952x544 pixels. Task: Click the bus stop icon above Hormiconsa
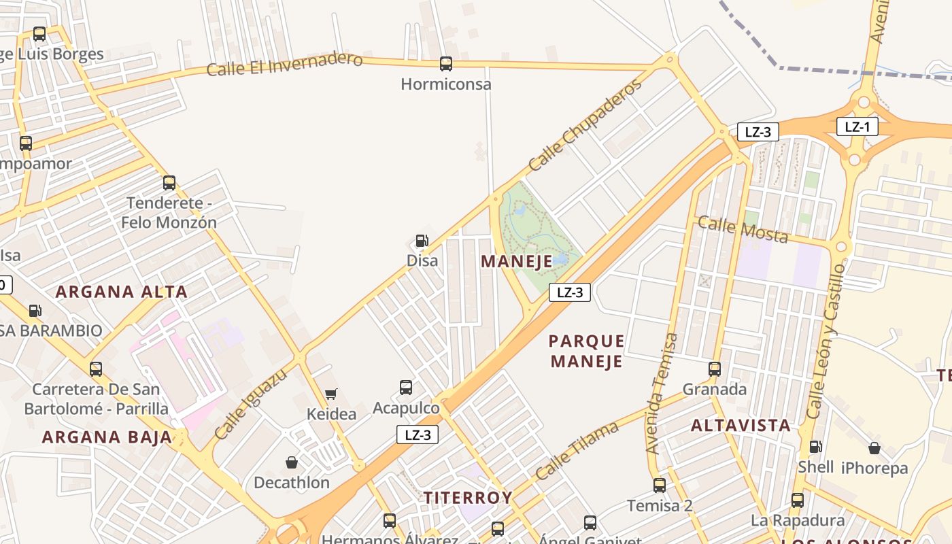point(446,64)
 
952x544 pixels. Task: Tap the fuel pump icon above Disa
point(422,241)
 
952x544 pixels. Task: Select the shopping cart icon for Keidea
point(331,394)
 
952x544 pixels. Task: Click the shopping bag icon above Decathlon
point(292,462)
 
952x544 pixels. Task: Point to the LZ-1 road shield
point(857,126)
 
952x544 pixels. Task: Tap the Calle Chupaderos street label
point(585,125)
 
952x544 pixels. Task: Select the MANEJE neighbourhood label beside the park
point(517,262)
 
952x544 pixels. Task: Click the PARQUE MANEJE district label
point(586,351)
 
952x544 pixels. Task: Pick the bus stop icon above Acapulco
point(406,388)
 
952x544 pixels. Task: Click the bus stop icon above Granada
point(715,369)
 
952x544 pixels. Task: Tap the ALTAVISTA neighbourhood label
point(741,426)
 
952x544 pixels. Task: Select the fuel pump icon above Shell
point(815,447)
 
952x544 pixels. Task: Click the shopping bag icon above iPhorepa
point(874,448)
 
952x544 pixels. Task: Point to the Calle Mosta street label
point(743,230)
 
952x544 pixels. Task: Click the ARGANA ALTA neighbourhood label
point(121,292)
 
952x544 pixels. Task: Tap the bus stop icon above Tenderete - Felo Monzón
point(169,183)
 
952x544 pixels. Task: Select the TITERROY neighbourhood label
point(468,498)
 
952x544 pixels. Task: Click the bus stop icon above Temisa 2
point(660,486)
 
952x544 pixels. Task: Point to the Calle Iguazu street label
point(250,405)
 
